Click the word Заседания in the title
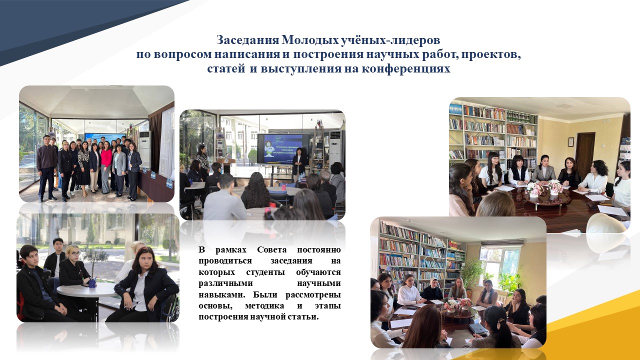[x=247, y=40]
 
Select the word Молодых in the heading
[x=309, y=40]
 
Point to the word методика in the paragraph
[x=264, y=305]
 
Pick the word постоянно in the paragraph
[x=319, y=249]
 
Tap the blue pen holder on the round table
[x=92, y=282]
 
